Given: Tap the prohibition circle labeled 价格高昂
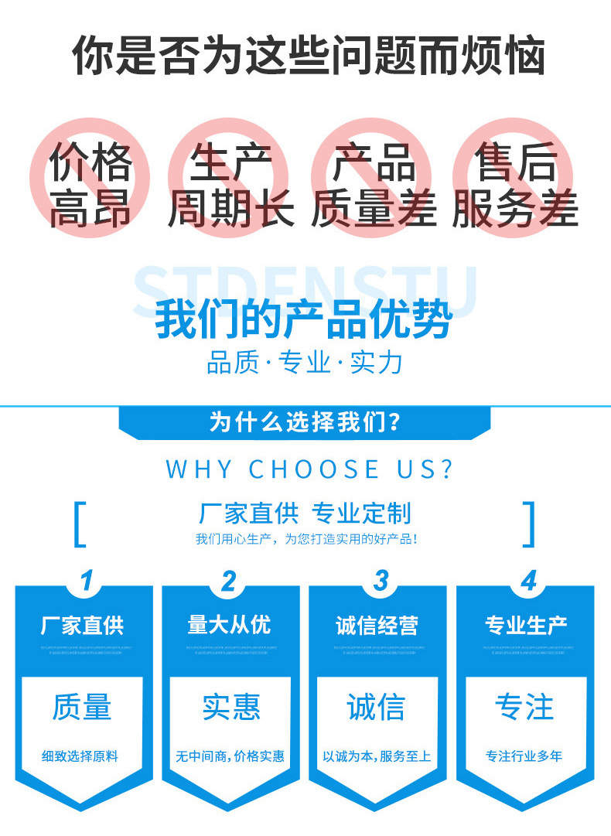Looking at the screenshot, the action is click(90, 177).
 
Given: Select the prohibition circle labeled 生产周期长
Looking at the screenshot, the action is click(230, 177).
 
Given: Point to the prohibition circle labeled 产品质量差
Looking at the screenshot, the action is click(373, 177).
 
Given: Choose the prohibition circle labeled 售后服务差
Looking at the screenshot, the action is click(515, 177).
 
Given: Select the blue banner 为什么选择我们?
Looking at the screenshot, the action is click(305, 423).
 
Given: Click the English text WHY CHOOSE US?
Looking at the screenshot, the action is click(309, 469).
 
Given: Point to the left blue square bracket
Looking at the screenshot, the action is click(79, 524).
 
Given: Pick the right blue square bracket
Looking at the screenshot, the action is click(529, 524).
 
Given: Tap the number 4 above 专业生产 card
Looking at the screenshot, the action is click(528, 581).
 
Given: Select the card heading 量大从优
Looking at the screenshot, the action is click(230, 625).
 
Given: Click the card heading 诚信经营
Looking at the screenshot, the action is click(377, 625).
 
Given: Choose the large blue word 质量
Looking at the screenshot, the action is click(82, 707).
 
